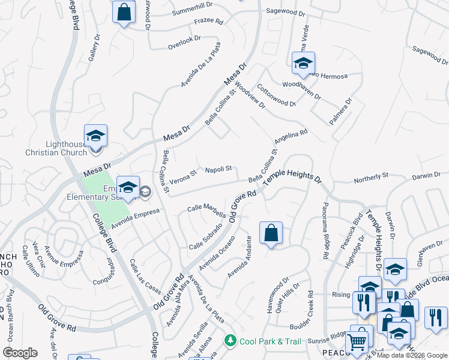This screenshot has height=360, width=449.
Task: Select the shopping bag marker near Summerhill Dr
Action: coord(124,13)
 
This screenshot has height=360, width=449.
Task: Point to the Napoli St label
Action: coord(218,170)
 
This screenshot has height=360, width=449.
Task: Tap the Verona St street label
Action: coord(183,176)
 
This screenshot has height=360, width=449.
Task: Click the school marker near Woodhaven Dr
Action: coord(304,63)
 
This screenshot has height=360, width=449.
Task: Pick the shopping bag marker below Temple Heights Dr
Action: coord(271,232)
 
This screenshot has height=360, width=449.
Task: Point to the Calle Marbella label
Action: coord(206,211)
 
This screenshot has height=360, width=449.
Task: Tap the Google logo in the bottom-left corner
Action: coord(20,352)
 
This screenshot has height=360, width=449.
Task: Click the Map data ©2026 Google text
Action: coord(412,355)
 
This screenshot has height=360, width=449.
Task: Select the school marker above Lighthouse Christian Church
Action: coord(95,136)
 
